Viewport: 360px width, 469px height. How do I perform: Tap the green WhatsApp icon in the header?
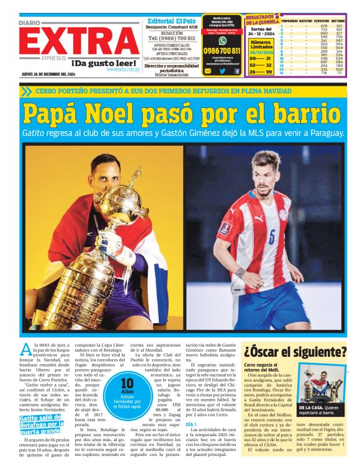[x=222, y=40]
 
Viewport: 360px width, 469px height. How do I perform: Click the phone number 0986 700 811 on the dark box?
[x=222, y=50]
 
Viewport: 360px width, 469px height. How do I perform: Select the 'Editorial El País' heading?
[x=171, y=20]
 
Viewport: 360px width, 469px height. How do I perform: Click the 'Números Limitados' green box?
[x=261, y=45]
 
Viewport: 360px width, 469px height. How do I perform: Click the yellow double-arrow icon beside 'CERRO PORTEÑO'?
[x=25, y=91]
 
